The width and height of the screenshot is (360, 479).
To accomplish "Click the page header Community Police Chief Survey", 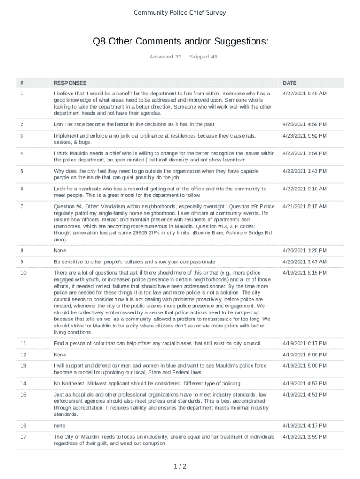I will tap(180, 13).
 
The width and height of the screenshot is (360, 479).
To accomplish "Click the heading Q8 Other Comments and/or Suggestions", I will tap(180, 42).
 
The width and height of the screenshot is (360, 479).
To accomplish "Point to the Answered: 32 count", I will tap(165, 57).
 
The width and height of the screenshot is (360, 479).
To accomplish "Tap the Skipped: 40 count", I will tap(203, 57).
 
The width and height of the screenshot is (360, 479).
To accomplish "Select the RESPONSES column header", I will tap(70, 83).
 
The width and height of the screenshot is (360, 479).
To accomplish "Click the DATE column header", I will tap(289, 83).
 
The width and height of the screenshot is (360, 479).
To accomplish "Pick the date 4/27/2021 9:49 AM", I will tap(304, 94).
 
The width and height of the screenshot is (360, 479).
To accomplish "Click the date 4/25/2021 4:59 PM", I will tap(304, 124).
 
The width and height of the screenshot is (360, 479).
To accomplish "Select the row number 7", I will tap(22, 206).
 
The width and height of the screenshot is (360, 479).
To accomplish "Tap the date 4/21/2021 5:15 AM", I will tap(304, 206).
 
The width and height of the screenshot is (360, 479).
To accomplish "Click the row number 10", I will tap(23, 273).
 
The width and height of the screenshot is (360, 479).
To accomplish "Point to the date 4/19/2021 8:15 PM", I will tap(304, 273).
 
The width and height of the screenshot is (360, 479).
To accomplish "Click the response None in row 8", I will tap(60, 251).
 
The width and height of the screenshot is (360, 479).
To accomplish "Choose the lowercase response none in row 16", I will tap(59, 426).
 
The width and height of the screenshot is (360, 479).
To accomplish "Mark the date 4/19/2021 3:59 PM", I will tap(304, 437).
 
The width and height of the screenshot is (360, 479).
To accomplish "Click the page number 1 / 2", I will tap(180, 466).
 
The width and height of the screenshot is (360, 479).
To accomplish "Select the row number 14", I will tap(23, 384).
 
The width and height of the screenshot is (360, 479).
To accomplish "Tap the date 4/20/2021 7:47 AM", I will tap(304, 261).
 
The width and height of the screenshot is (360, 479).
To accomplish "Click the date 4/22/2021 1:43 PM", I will tap(304, 171).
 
